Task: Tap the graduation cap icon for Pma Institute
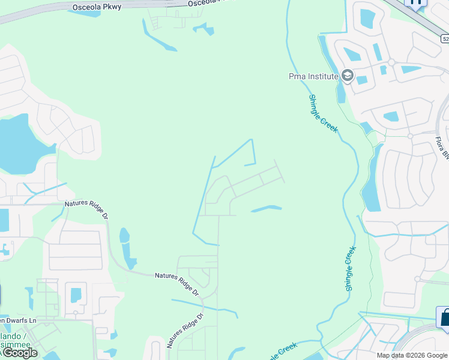point(346,76)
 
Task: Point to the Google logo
point(19,352)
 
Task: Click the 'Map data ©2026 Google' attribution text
point(412,355)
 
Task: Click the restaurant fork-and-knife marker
point(415,2)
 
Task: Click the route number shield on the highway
point(444,38)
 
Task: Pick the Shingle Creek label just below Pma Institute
point(323,113)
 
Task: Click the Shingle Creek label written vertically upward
point(350,269)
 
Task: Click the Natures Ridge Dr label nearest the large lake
point(86,209)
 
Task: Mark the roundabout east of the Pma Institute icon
point(391,62)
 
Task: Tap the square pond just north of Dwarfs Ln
point(76,295)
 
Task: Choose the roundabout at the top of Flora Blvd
point(410,136)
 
